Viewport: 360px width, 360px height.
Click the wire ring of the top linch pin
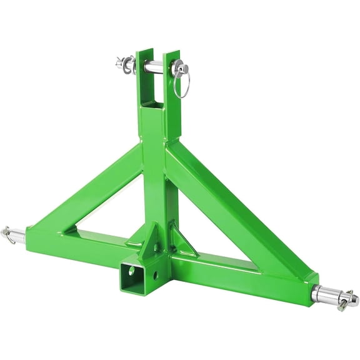tap(182, 86)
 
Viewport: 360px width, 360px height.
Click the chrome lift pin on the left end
tap(17, 235)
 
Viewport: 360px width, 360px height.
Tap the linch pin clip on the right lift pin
tap(346, 301)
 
